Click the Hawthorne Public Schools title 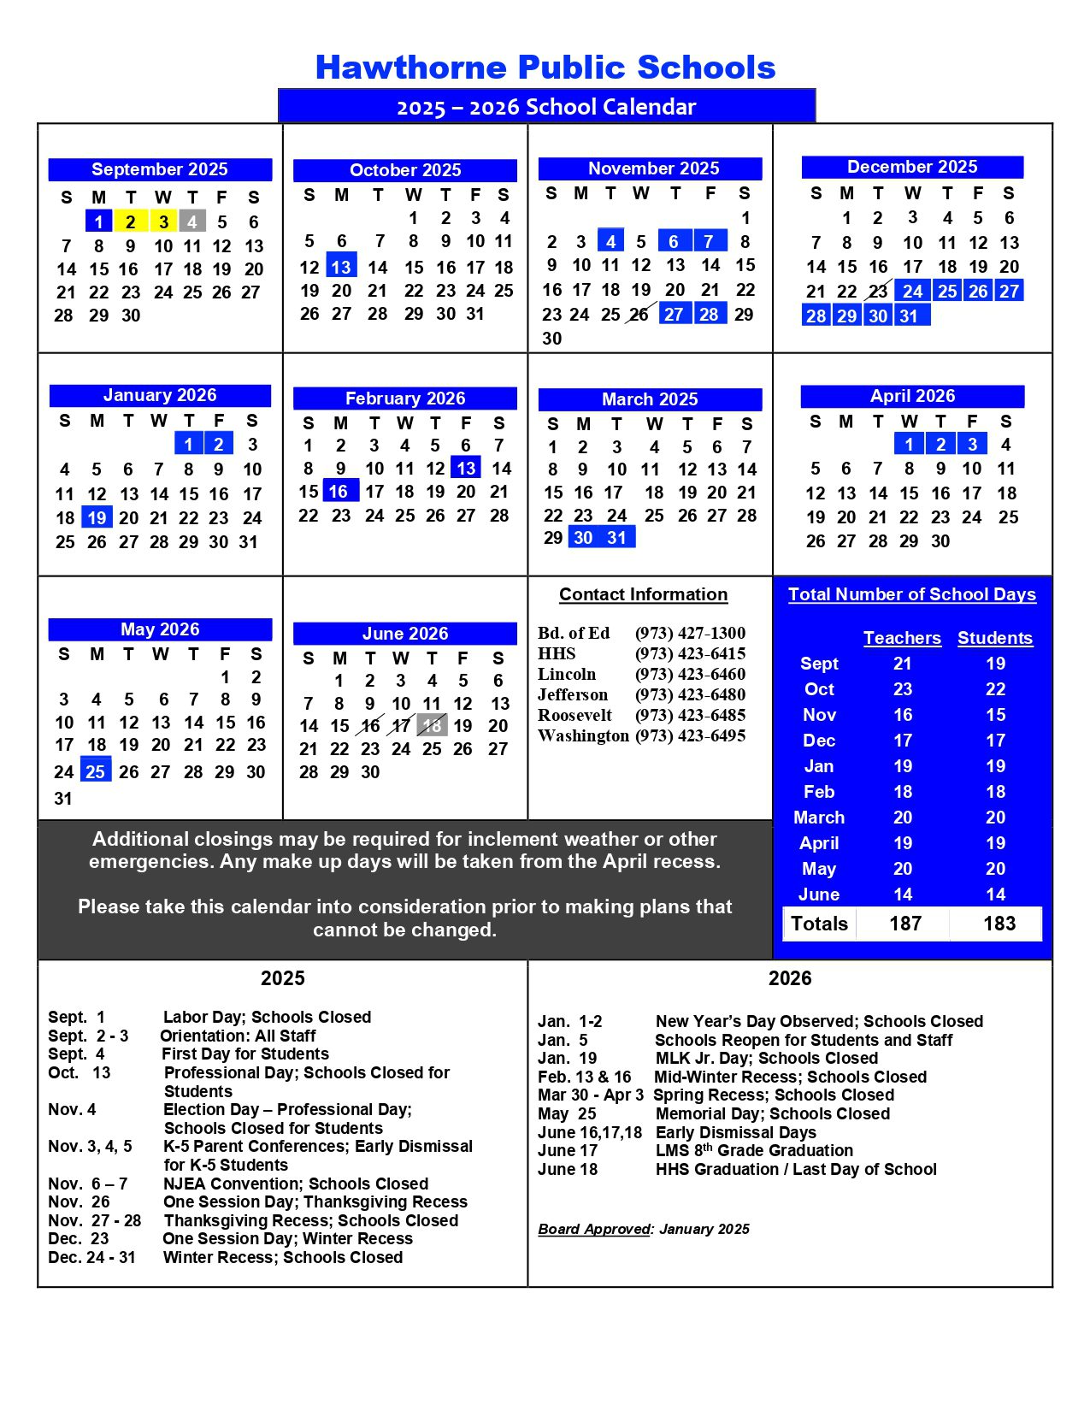(545, 68)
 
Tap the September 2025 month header (160, 169)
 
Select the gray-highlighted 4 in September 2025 (192, 221)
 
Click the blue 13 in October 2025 (341, 267)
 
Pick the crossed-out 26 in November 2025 (639, 315)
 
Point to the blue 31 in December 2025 (909, 316)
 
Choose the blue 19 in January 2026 (97, 517)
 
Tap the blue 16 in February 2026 (339, 492)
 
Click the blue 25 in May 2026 (95, 771)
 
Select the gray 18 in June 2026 (433, 726)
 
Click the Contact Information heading (643, 594)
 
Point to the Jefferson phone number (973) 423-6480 (690, 694)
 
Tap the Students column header (994, 638)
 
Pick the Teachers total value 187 (904, 924)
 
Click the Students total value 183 (999, 924)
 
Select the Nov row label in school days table (819, 715)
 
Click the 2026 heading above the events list (789, 978)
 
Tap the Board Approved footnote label (595, 1229)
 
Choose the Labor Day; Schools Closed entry (267, 1017)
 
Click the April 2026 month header (912, 396)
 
